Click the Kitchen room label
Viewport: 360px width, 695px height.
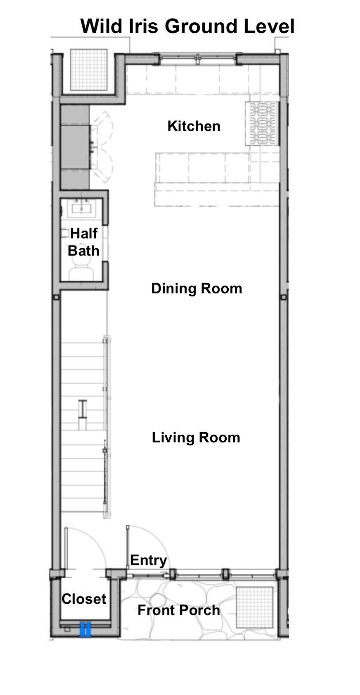[x=194, y=126]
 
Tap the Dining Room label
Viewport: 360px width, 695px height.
[x=197, y=288]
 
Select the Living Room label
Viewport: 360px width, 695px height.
[x=196, y=438]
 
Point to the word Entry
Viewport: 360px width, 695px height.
[x=148, y=560]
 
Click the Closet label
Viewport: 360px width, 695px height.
[x=84, y=599]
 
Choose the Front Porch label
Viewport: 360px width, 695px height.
[x=179, y=610]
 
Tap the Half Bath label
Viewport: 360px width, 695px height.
[x=83, y=242]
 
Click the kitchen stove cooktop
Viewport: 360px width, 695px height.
[x=262, y=123]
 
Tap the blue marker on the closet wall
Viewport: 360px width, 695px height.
[x=85, y=629]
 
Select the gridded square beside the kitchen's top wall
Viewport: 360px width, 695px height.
[x=89, y=69]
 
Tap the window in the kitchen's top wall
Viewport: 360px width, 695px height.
[x=198, y=59]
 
